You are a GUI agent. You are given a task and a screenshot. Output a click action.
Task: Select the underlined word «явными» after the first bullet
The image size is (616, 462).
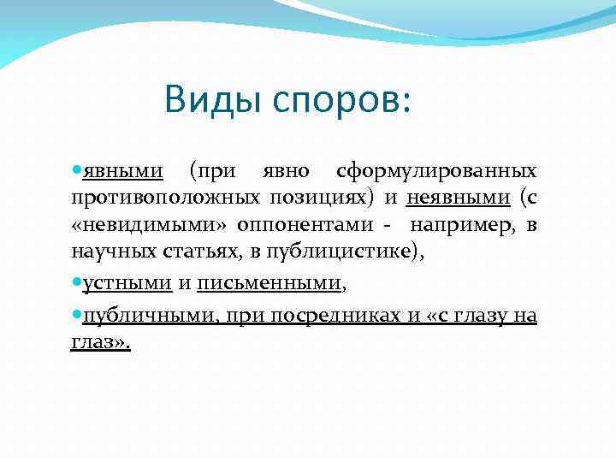point(123,170)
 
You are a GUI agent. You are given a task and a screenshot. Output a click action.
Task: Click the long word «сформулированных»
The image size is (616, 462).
point(437,170)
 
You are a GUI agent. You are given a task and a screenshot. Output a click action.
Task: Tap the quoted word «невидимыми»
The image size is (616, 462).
point(142,225)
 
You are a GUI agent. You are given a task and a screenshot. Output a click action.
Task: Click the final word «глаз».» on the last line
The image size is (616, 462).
point(100,343)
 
